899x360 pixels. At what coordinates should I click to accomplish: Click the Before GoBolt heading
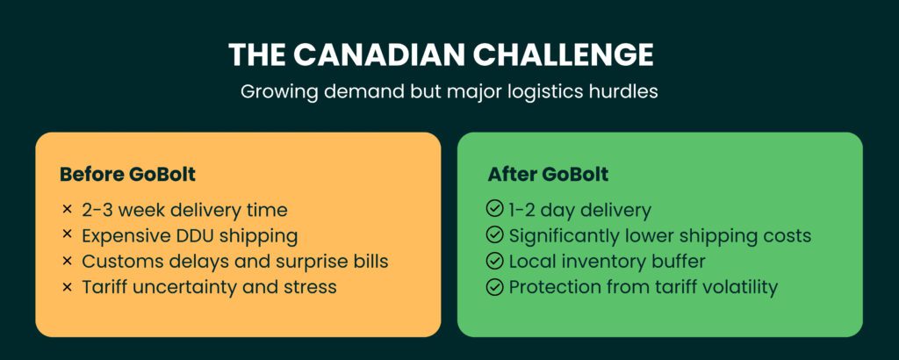[x=127, y=174]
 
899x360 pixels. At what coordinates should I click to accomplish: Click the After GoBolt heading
[x=548, y=174]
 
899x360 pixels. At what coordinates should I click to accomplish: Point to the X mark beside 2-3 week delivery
[x=67, y=210]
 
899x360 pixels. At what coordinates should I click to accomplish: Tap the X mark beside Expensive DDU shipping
[x=67, y=235]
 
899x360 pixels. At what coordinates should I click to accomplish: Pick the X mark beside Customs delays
[x=67, y=261]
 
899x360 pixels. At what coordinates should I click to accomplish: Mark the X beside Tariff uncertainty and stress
[x=67, y=286]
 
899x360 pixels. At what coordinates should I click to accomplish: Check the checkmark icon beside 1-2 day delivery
[x=495, y=210]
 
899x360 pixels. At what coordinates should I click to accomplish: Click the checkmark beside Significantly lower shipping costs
[x=495, y=235]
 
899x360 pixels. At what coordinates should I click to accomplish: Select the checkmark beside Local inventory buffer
[x=495, y=261]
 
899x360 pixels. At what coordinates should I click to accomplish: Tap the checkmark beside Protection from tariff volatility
[x=495, y=286]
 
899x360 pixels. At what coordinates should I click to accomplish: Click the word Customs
[x=119, y=261]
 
